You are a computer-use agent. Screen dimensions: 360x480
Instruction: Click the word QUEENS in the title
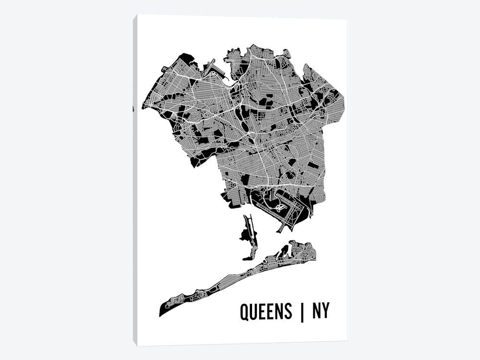coord(265,312)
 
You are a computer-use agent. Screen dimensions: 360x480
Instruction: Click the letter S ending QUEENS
coord(287,312)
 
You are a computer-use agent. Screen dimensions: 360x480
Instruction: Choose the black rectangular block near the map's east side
coord(313,165)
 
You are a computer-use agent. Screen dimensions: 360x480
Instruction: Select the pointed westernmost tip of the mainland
coord(143,107)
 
